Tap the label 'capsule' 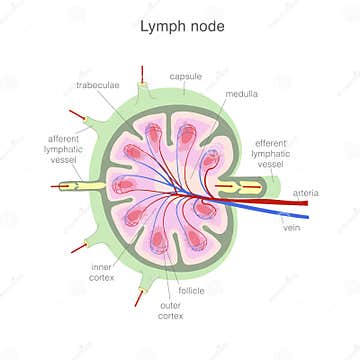click(187, 76)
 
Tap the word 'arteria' click(306, 191)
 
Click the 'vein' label click(292, 227)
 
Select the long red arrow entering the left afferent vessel click(60, 186)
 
